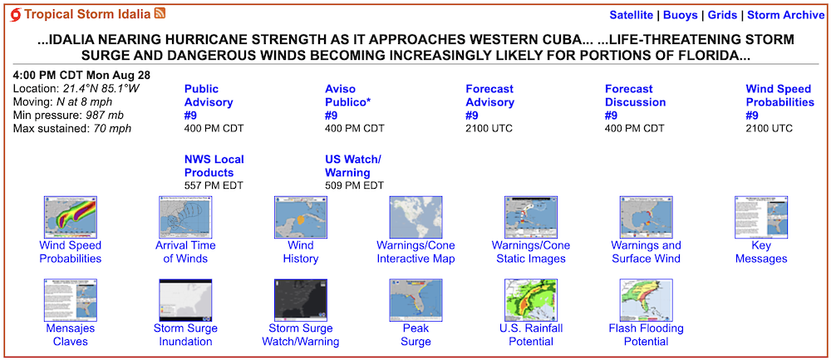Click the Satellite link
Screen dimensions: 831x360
tap(632, 15)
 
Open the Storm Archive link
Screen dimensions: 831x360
tap(786, 15)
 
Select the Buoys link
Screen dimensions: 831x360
tap(681, 15)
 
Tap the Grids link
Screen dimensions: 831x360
tap(722, 15)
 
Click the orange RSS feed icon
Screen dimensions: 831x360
tap(160, 14)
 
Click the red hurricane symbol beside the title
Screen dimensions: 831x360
tap(16, 15)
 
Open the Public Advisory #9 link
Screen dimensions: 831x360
tap(209, 102)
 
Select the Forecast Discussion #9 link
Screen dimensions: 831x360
tap(635, 102)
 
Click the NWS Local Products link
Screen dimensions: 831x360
tap(214, 166)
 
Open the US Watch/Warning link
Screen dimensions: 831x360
tap(353, 166)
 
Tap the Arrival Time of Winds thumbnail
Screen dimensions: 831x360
tap(185, 217)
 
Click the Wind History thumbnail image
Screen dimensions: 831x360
tap(301, 217)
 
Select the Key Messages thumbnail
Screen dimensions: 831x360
tap(761, 217)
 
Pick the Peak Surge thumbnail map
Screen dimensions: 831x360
tap(415, 300)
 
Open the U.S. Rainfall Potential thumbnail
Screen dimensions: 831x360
tap(531, 300)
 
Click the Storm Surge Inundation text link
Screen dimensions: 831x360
tap(185, 335)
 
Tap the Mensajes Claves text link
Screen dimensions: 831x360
tap(71, 335)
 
